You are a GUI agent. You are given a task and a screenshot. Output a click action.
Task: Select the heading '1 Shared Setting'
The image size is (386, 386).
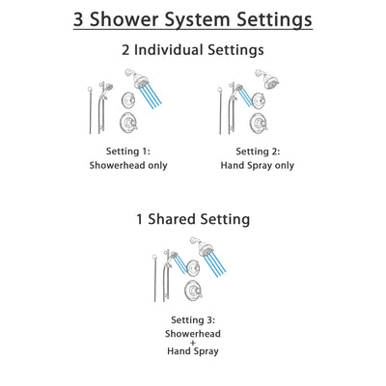[x=192, y=220]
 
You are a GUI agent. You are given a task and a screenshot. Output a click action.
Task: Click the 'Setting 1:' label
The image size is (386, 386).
[x=129, y=152]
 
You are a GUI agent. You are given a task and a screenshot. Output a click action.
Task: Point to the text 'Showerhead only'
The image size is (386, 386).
[x=129, y=165]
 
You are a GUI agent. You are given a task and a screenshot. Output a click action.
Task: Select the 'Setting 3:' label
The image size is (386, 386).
[x=192, y=319]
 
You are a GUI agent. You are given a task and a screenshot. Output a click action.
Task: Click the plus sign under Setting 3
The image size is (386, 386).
[x=192, y=343]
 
